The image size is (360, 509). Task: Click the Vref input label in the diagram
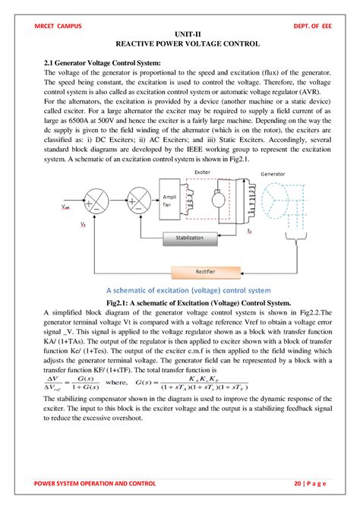[66, 206]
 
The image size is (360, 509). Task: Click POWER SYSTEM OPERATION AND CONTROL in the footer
[96, 483]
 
